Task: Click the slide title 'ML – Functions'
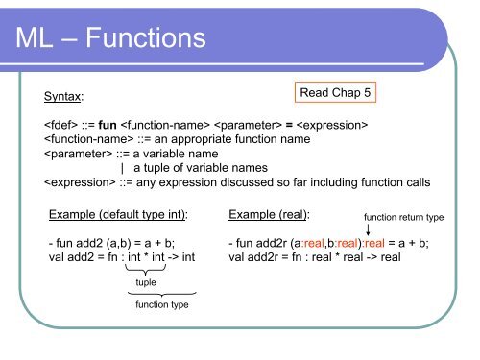(x=110, y=38)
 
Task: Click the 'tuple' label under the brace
(x=146, y=283)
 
